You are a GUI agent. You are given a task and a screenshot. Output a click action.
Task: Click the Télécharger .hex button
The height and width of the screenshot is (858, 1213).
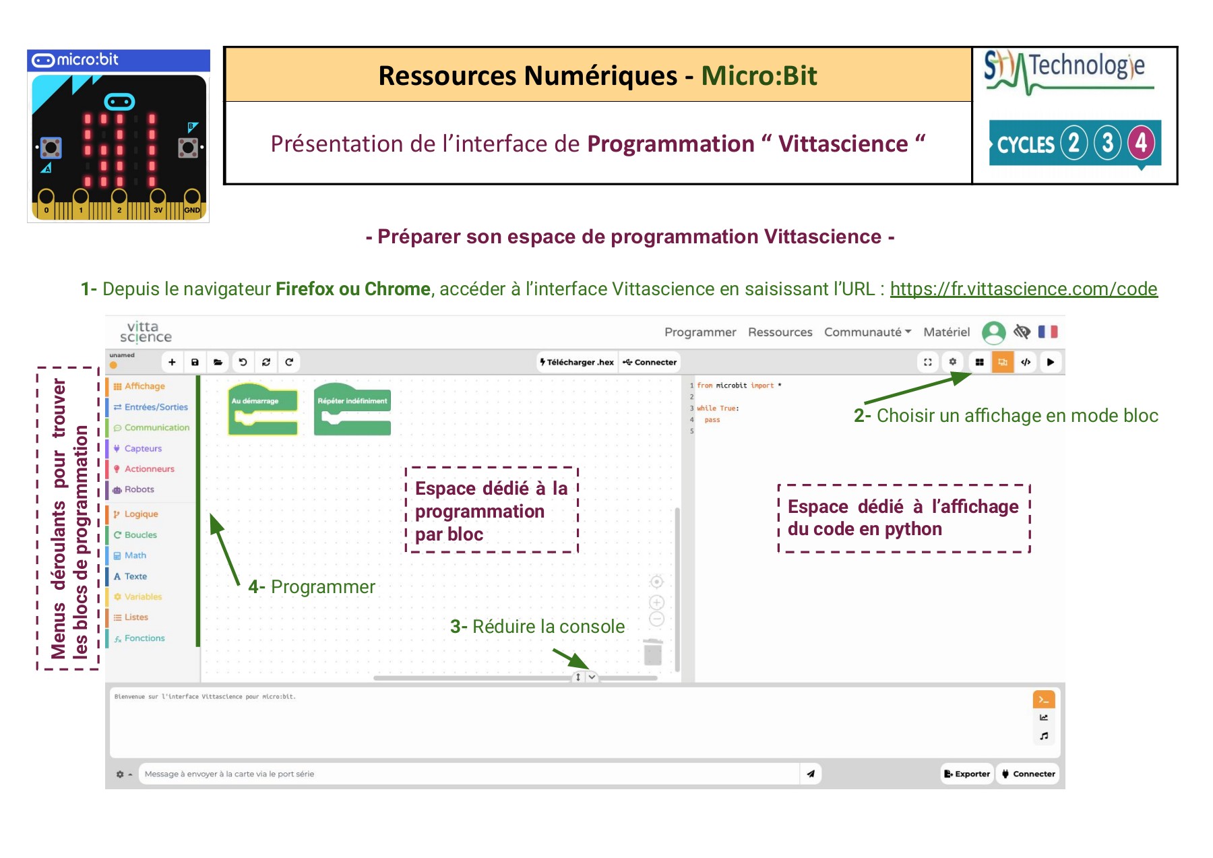(577, 362)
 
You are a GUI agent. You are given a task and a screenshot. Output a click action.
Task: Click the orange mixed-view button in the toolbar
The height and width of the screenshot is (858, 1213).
(1002, 362)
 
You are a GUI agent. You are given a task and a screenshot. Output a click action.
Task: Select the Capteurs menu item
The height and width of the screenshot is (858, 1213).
(142, 448)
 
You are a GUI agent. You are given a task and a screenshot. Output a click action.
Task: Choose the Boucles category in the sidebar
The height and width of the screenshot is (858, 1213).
(140, 534)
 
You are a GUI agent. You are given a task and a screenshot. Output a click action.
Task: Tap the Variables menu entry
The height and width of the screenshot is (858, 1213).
(142, 596)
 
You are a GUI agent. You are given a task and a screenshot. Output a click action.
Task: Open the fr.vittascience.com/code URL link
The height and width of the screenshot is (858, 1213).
(1023, 289)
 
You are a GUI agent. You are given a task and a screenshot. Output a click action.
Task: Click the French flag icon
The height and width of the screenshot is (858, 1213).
(1047, 332)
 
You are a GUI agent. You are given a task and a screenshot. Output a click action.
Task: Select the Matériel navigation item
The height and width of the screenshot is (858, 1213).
(946, 332)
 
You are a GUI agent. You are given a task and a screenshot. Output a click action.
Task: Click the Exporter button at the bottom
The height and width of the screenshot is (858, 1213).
(967, 774)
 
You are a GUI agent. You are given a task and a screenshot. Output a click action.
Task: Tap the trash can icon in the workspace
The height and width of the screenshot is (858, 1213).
(652, 652)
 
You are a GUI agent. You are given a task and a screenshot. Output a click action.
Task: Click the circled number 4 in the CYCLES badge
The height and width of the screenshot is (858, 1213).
(1140, 143)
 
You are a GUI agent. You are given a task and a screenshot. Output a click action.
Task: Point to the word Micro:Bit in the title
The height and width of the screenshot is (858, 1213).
(759, 75)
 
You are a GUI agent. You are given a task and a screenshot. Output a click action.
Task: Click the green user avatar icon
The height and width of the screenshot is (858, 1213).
(993, 332)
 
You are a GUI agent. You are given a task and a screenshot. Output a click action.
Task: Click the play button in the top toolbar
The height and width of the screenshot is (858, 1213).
(1050, 362)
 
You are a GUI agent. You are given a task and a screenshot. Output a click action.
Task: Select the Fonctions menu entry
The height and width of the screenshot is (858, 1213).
(144, 638)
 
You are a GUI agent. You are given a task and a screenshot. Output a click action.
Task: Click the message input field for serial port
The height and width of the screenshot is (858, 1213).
(468, 774)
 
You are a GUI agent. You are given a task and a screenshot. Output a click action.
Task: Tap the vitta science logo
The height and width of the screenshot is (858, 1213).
(146, 332)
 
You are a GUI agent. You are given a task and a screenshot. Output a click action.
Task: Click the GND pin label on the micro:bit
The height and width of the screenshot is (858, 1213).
(192, 210)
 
